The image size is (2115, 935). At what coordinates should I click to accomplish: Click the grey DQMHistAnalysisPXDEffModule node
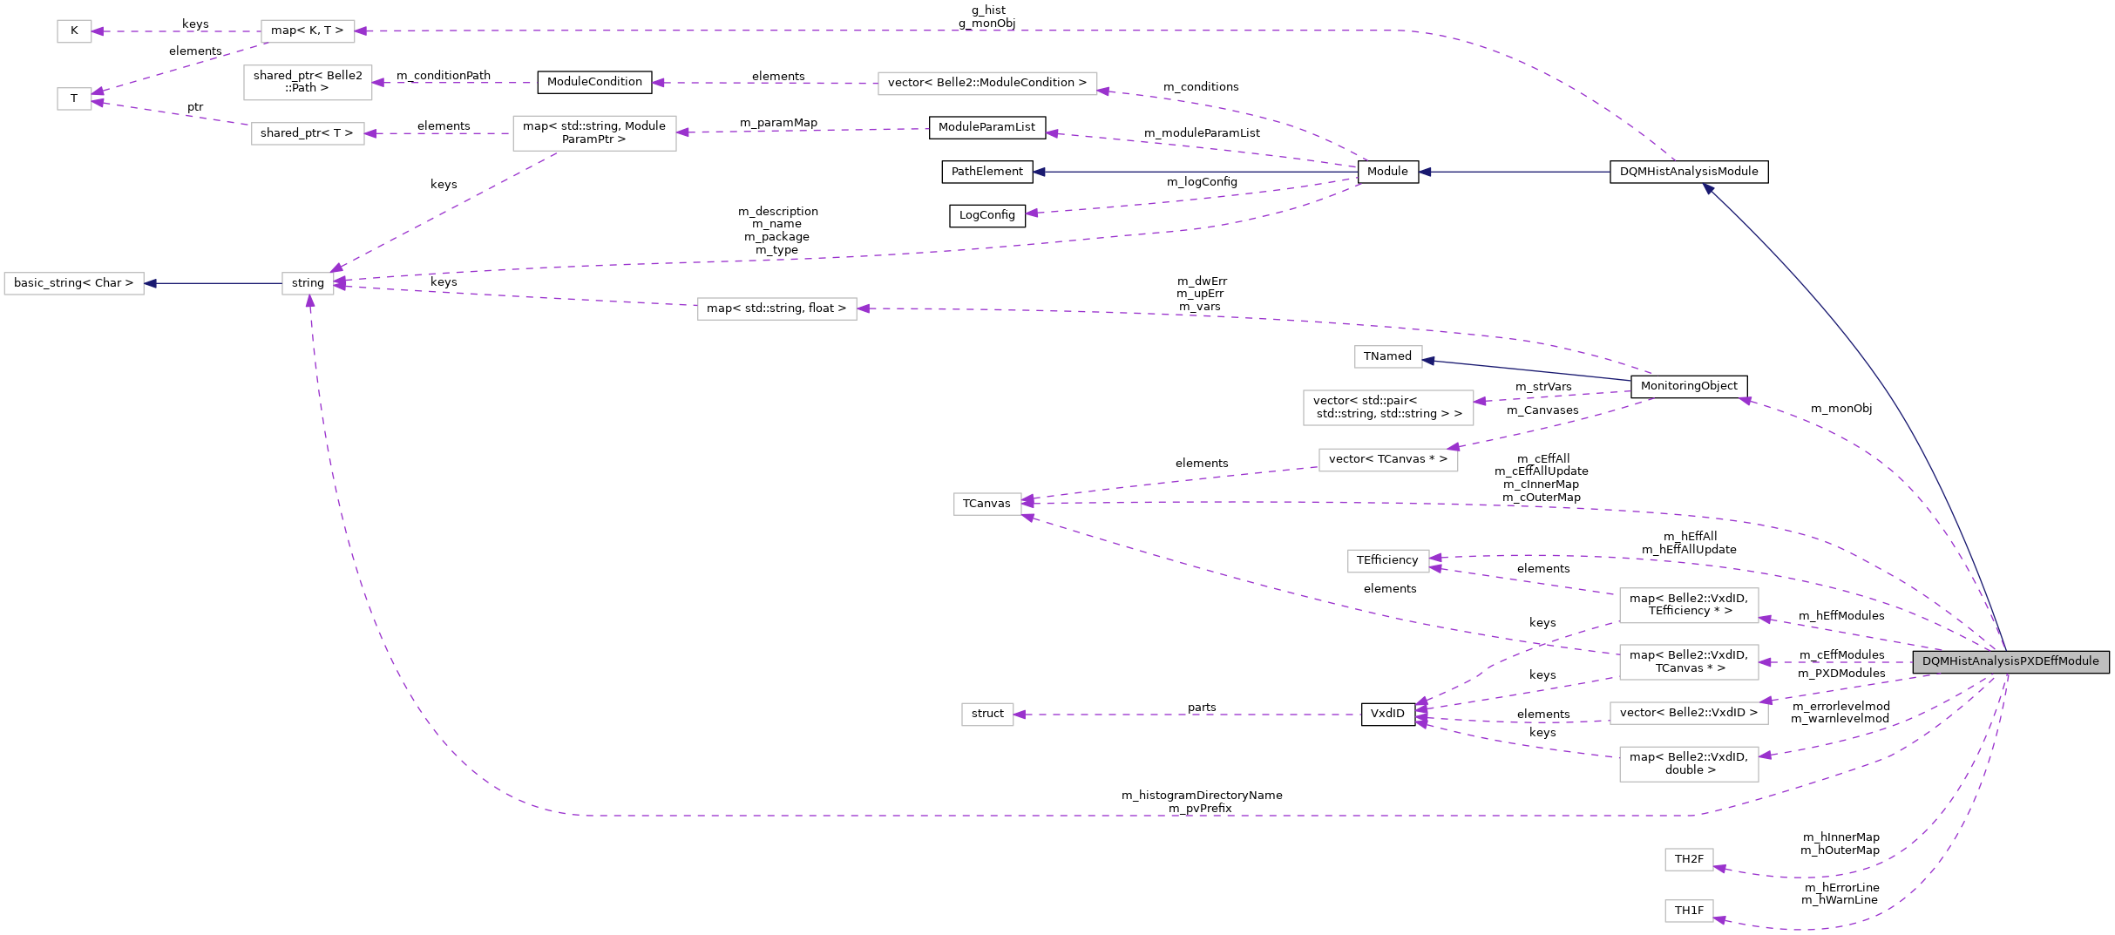pos(2010,662)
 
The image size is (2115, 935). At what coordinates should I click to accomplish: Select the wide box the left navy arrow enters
pos(74,284)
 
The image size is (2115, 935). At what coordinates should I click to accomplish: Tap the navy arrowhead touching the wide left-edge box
pos(150,284)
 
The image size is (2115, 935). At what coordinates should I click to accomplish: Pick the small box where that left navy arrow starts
pos(308,284)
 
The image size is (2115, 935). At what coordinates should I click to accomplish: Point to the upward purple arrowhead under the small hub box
pos(309,302)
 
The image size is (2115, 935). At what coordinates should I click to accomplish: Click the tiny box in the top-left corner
pos(74,31)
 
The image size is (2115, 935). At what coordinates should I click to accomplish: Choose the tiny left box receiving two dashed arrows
pos(74,99)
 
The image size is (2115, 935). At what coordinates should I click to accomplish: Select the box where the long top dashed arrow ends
pos(308,31)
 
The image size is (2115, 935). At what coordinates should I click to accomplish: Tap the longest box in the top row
pos(987,84)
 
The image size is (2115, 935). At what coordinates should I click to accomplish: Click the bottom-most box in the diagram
pos(1689,911)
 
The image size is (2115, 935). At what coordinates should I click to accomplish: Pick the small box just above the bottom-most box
pos(1689,860)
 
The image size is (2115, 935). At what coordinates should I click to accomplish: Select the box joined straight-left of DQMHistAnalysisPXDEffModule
pos(1689,662)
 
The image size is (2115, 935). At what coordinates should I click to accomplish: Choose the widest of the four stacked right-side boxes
pos(1689,714)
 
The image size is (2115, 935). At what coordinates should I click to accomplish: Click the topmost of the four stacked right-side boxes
pos(1689,606)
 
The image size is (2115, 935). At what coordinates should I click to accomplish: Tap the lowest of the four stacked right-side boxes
pos(1689,764)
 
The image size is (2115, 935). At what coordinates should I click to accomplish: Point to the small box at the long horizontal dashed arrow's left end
pos(987,715)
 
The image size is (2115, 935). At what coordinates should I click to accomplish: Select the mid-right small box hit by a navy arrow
pos(1388,357)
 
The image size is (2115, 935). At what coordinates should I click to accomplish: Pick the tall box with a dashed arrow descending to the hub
pos(594,133)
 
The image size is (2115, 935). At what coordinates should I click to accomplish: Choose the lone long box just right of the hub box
pos(776,309)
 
